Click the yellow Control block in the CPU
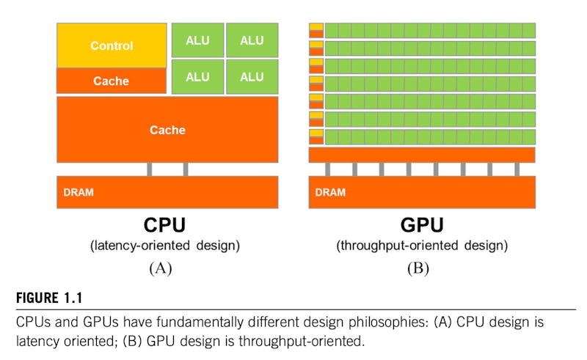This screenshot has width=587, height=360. coord(112,45)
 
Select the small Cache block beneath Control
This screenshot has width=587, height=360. coord(112,81)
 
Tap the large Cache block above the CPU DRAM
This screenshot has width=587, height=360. coord(167,130)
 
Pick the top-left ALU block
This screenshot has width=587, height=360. coord(197,40)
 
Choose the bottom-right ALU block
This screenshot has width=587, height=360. coord(252,76)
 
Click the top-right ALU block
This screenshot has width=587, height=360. coord(252,40)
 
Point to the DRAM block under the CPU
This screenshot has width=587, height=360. coord(167,192)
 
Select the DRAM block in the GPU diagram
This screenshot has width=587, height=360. coord(422,192)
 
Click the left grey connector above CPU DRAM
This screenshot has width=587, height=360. coord(150,169)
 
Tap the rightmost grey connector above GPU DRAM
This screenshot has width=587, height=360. coord(517,169)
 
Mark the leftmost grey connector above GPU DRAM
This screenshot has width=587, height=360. coord(327,169)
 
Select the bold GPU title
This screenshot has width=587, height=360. coord(422,224)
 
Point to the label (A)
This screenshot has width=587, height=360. coord(161,268)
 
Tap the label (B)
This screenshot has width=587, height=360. coord(418,268)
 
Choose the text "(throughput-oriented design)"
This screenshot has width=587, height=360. coord(422,246)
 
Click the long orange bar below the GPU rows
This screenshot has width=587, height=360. coord(422,155)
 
